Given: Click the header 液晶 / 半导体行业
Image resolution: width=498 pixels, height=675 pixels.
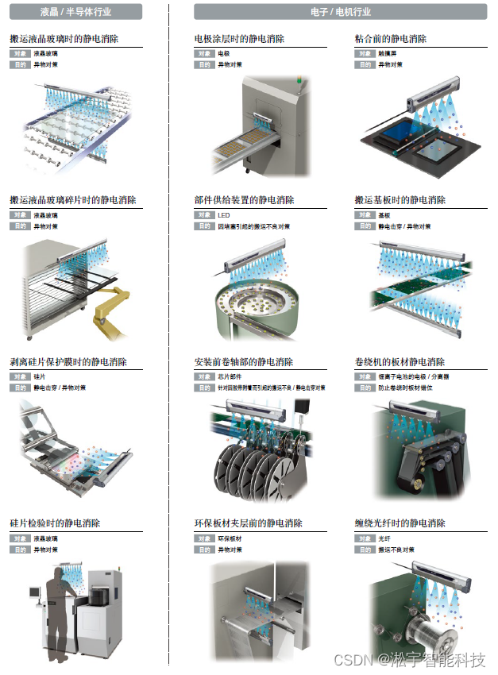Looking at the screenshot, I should click(77, 12).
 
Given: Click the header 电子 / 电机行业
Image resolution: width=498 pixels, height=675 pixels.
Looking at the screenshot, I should click(341, 12).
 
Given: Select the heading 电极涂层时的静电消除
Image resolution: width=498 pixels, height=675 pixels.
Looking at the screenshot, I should click(239, 39).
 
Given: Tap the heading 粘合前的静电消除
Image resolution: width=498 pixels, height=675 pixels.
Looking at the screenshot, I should click(390, 39).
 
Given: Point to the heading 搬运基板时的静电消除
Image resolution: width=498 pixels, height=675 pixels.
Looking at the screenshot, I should click(400, 200).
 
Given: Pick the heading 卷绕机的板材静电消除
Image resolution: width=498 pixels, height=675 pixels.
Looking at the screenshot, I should click(400, 362).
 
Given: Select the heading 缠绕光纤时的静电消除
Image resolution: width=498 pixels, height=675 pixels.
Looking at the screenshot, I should click(400, 523).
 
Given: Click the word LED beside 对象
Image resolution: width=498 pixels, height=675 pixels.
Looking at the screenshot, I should click(223, 215).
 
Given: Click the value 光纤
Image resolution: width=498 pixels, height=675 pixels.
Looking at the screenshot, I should click(384, 538).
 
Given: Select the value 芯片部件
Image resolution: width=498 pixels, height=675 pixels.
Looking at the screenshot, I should click(230, 377).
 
